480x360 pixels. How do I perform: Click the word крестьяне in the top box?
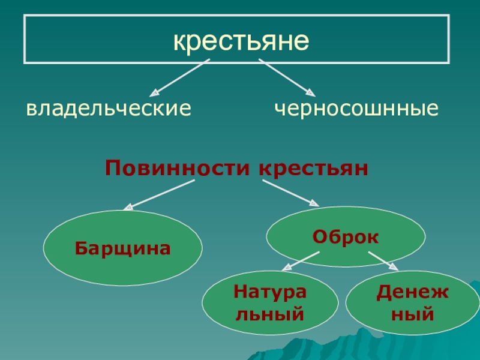click(x=241, y=40)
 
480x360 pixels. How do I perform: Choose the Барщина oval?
click(x=122, y=247)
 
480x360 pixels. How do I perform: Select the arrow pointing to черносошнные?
click(x=287, y=77)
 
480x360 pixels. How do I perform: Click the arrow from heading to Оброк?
click(x=291, y=193)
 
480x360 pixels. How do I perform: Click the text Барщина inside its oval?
click(x=122, y=247)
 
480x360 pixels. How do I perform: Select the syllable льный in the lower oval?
click(x=270, y=313)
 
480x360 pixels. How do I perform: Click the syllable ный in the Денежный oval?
click(x=412, y=313)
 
